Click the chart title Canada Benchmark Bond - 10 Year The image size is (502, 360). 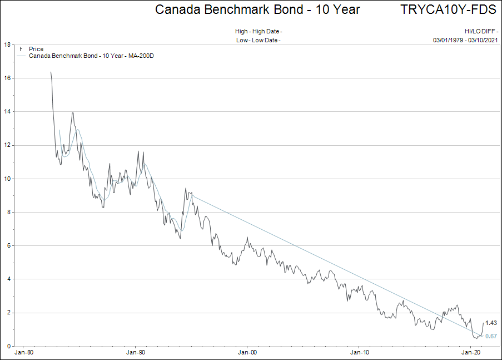[x=257, y=9]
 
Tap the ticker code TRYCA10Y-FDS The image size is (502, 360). [x=448, y=9]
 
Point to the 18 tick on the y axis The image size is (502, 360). [x=8, y=45]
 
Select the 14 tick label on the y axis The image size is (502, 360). [x=8, y=112]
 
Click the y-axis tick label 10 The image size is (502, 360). [x=8, y=179]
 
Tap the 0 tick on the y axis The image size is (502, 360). [x=9, y=346]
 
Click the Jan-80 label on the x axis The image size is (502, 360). [x=24, y=353]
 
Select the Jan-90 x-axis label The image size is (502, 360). [x=136, y=353]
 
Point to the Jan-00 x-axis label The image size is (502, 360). [x=247, y=353]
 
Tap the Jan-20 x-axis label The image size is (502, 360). [x=471, y=353]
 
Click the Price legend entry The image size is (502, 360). [x=36, y=50]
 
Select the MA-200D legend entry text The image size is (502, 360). [x=91, y=56]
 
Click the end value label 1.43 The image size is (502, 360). [x=491, y=323]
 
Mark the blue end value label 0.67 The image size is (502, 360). [x=491, y=336]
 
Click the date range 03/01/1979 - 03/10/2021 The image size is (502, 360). [x=465, y=40]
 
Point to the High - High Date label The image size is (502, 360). [x=259, y=31]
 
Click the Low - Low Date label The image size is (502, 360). [x=258, y=40]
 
